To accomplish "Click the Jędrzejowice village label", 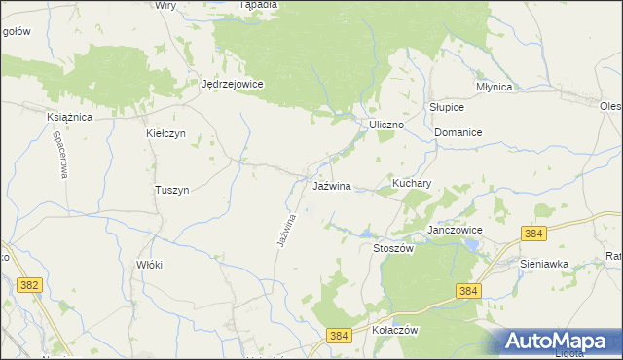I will [233, 84].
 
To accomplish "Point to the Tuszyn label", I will [171, 190].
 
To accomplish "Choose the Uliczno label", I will [386, 126].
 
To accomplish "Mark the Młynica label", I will [495, 86].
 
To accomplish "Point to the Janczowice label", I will [456, 230].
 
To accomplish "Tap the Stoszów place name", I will [394, 248].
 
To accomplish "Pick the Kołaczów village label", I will [395, 330].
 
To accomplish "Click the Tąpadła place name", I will [258, 5].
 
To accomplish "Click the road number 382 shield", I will [29, 283].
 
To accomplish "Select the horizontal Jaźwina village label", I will [332, 185].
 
